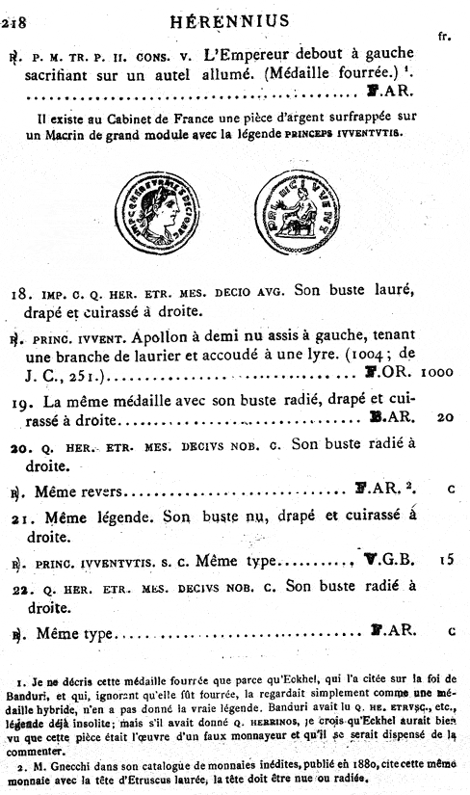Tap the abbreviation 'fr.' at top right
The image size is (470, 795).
[x=444, y=37]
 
